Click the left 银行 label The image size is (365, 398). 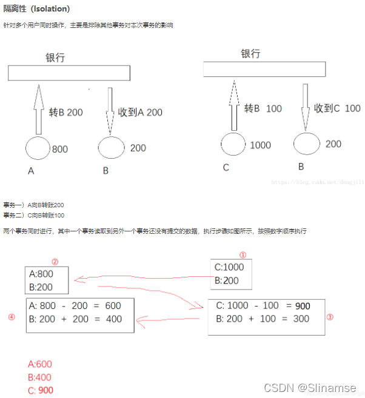click(x=55, y=58)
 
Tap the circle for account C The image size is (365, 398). click(x=233, y=145)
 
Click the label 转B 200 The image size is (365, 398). click(x=66, y=112)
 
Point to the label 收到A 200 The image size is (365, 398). click(x=140, y=112)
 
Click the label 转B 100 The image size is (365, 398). click(x=263, y=108)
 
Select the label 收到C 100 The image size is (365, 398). click(x=337, y=108)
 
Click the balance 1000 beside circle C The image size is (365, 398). click(x=260, y=145)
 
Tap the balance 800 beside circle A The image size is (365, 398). click(x=60, y=149)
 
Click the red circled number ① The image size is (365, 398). click(x=243, y=255)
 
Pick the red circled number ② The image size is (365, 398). click(x=55, y=262)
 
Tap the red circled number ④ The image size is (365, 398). click(x=11, y=317)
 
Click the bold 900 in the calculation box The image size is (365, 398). click(x=302, y=306)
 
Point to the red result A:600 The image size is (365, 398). click(x=40, y=364)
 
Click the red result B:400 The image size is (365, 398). click(x=40, y=377)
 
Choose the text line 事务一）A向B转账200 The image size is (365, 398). click(x=33, y=205)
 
